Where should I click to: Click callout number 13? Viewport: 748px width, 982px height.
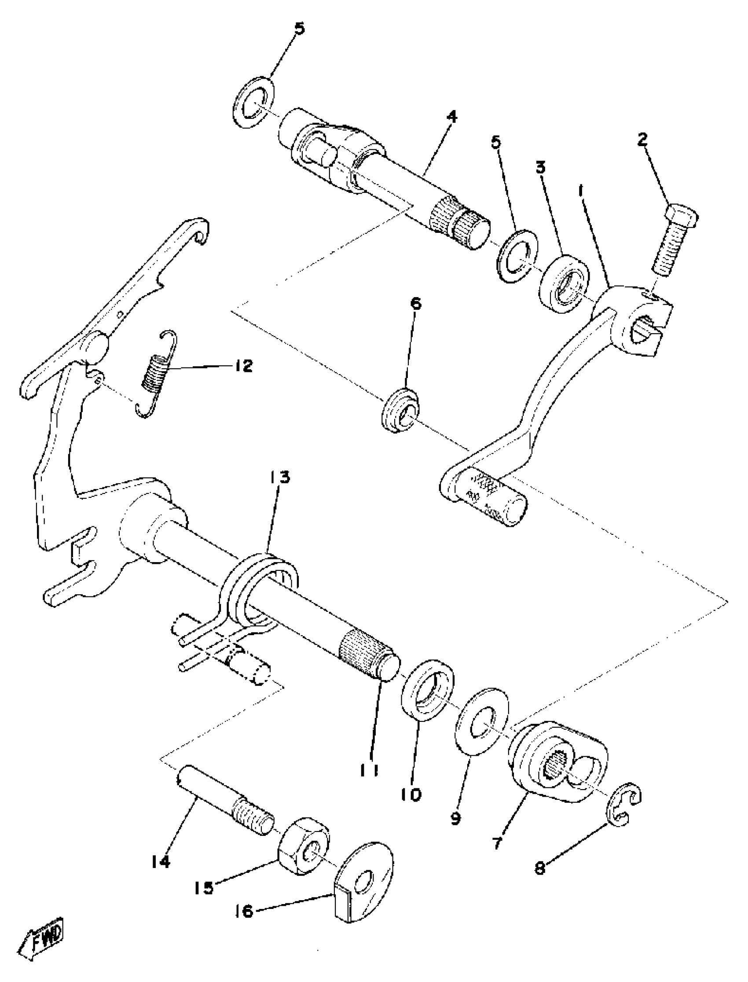[279, 477]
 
